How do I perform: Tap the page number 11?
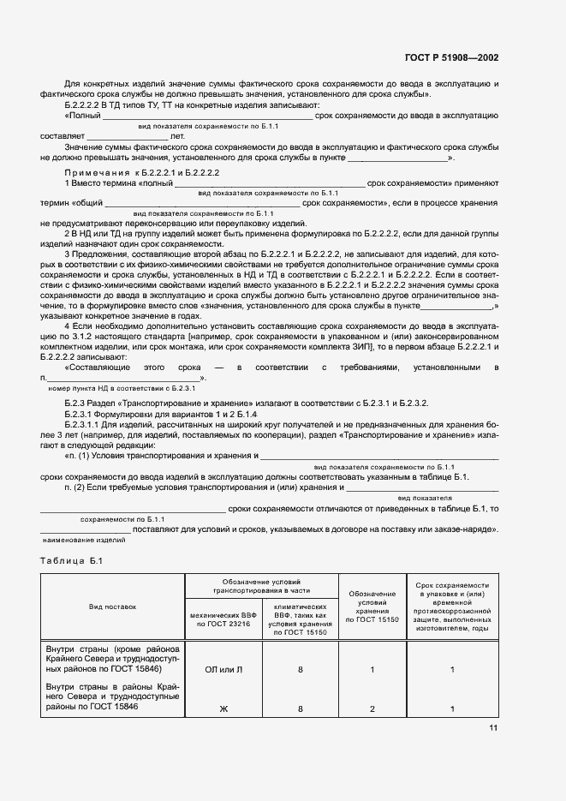click(x=493, y=728)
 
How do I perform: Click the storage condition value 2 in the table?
click(x=372, y=708)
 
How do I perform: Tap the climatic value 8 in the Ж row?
click(x=301, y=708)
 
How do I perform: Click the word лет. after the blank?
click(x=177, y=135)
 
